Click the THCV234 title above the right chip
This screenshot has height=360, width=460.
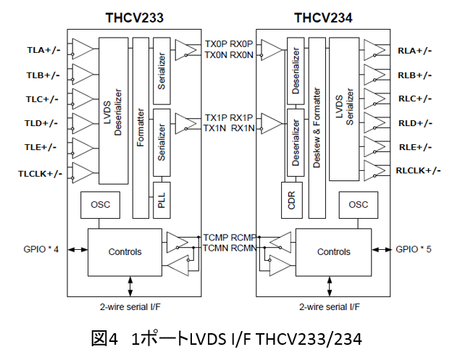point(323,17)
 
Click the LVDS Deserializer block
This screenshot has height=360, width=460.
point(114,111)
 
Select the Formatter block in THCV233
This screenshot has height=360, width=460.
point(141,127)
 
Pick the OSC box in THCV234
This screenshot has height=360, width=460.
point(359,204)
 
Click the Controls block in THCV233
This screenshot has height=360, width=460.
point(125,251)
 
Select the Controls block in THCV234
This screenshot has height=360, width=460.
point(333,251)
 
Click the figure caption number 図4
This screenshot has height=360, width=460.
point(105,339)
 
